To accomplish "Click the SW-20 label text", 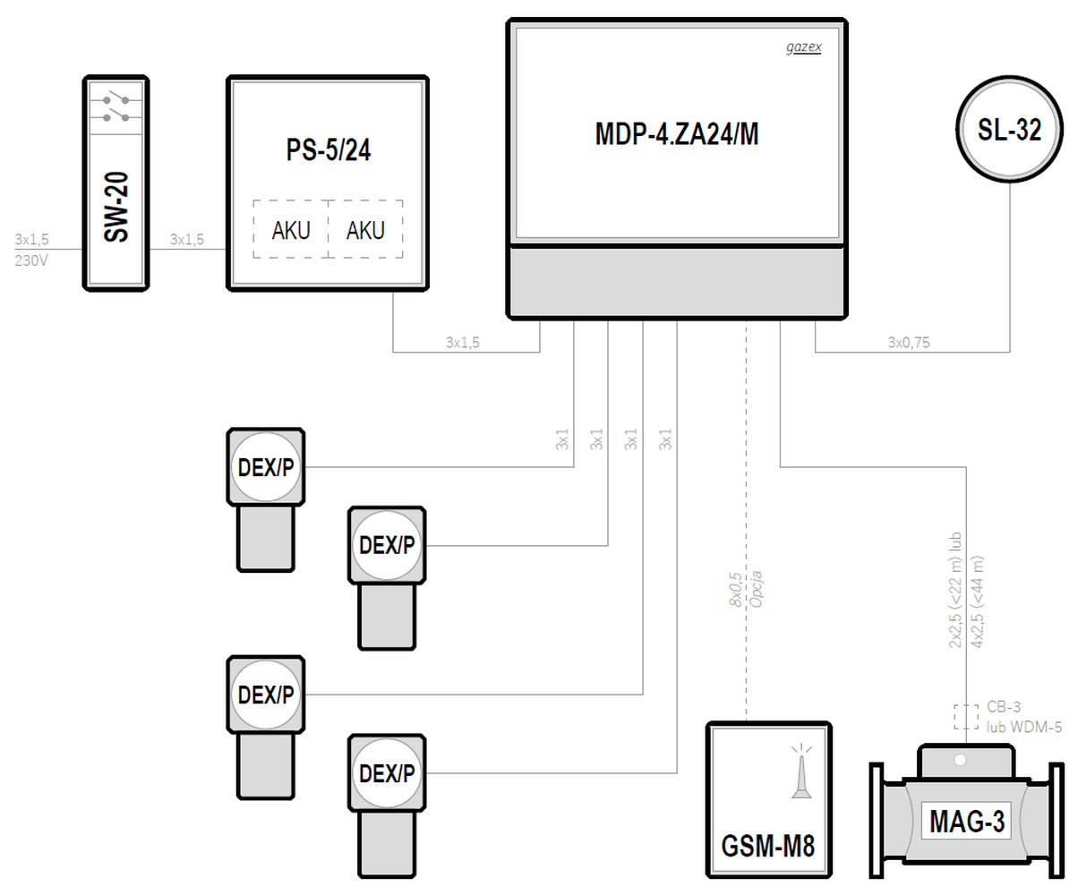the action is point(116,207).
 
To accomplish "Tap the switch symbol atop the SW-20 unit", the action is point(116,107).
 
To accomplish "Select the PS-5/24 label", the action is point(329,149).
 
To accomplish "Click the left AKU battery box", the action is point(291,229).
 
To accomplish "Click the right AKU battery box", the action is point(365,229).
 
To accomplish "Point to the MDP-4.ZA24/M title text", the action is point(677,133).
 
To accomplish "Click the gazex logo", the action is point(804,47).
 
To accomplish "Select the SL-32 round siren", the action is point(1010,129).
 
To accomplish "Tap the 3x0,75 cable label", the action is point(909,342).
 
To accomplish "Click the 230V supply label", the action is point(31,260).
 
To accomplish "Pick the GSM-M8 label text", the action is point(767,846).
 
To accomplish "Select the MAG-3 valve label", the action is point(967,822).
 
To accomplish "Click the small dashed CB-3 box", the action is point(966,717).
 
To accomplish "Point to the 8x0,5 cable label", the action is point(735,589).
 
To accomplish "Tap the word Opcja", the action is point(756,589).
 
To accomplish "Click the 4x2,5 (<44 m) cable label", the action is point(978,601).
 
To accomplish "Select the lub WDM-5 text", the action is point(1024,727).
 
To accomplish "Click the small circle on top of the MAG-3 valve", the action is point(960,760).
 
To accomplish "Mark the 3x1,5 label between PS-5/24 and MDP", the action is point(462,342).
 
